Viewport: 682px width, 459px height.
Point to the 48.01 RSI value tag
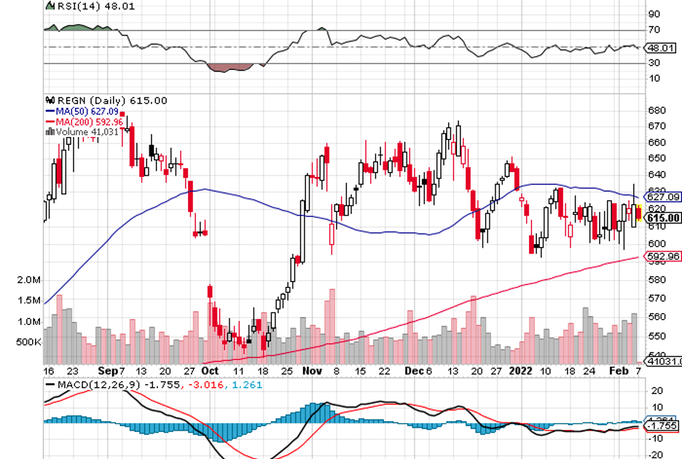click(x=663, y=48)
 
